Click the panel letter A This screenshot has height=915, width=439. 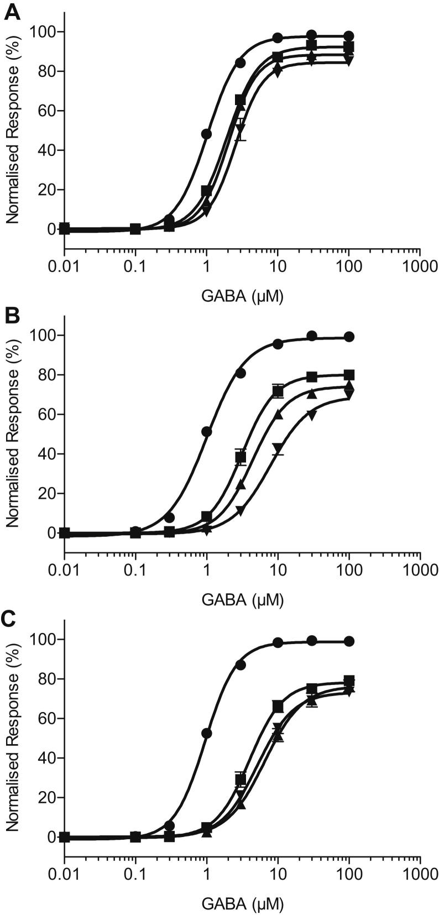tap(12, 12)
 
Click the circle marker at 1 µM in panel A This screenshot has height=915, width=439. tap(207, 134)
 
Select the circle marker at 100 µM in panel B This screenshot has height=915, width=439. tap(349, 337)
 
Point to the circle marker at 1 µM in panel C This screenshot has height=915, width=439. tap(207, 733)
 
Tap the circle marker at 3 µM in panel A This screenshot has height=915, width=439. tap(241, 63)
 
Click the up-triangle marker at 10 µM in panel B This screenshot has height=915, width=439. tap(278, 415)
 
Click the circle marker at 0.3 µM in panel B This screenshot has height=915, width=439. tap(170, 517)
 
